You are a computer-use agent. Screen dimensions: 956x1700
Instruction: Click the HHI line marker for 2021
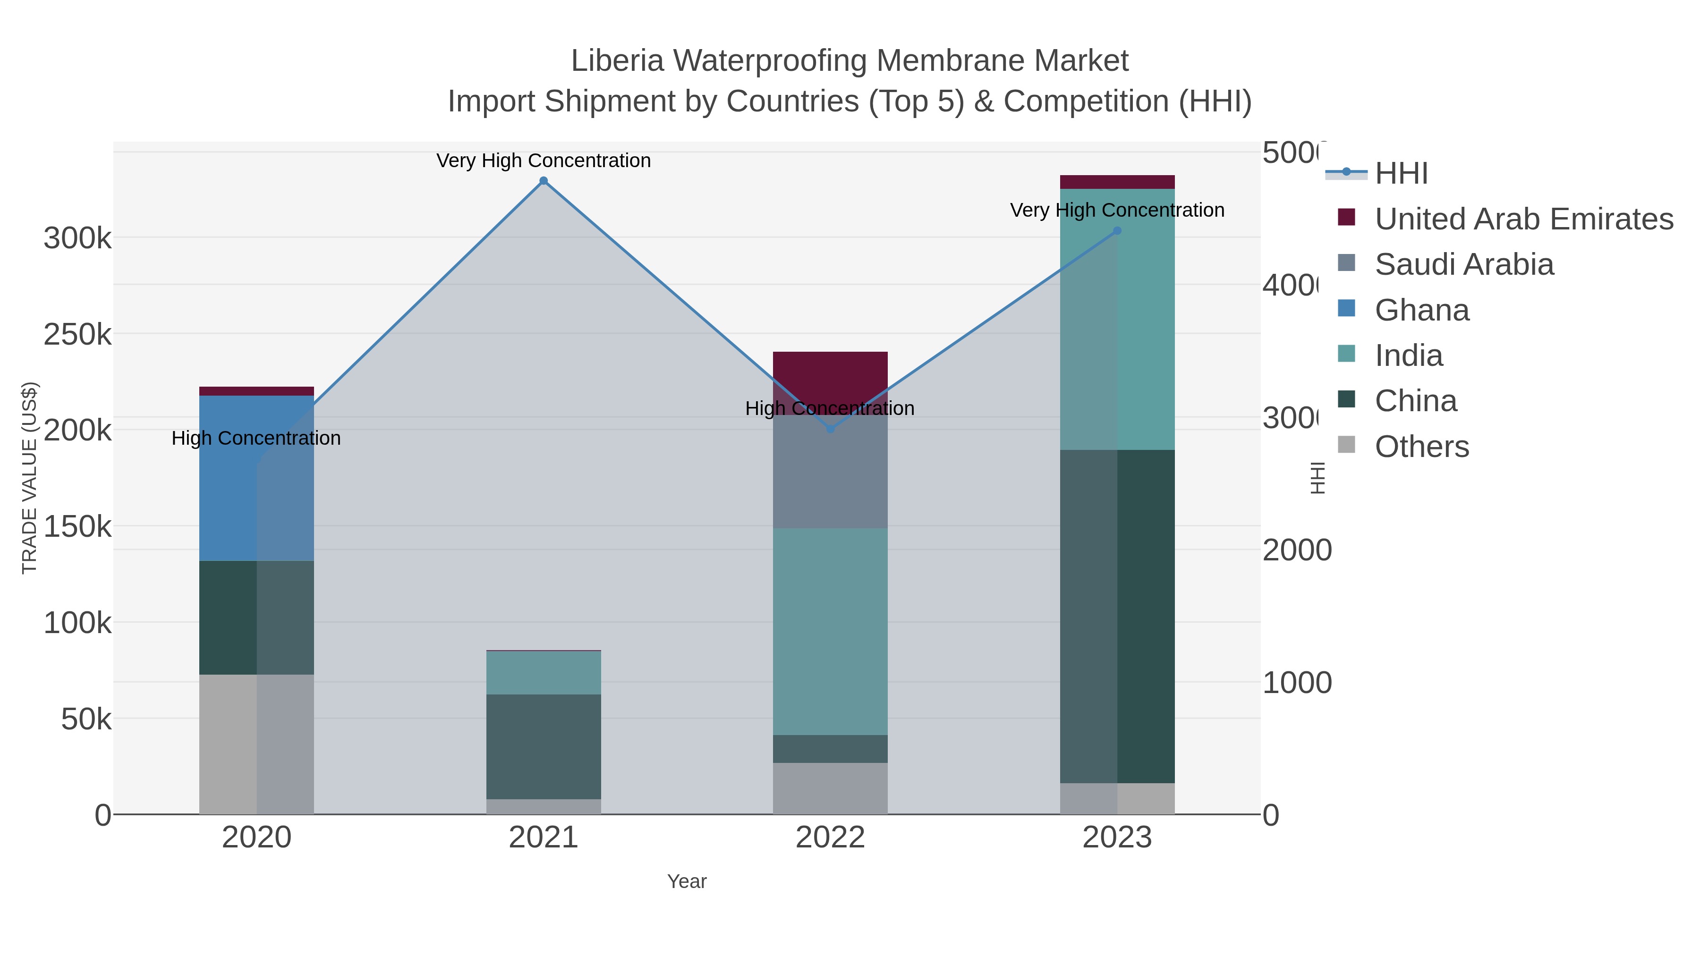click(x=543, y=181)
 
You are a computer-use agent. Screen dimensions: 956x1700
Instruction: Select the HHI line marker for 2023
click(x=1117, y=231)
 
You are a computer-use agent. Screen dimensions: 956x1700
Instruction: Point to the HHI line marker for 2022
click(x=830, y=429)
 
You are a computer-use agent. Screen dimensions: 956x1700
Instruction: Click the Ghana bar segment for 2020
click(x=256, y=478)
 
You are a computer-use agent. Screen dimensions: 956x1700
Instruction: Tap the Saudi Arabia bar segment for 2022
click(x=830, y=471)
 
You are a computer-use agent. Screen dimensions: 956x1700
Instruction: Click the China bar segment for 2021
click(x=543, y=746)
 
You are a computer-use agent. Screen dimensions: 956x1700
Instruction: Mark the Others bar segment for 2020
click(x=256, y=744)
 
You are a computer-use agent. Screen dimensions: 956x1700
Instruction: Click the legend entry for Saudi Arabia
click(x=1464, y=264)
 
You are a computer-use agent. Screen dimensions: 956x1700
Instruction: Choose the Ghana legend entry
click(x=1421, y=310)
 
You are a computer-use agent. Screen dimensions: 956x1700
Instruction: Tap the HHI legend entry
click(x=1401, y=174)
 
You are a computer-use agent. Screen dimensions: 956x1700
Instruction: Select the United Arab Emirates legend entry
click(x=1523, y=219)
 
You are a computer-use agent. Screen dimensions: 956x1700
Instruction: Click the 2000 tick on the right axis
click(x=1297, y=550)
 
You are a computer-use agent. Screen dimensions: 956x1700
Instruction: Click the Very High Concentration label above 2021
click(x=543, y=161)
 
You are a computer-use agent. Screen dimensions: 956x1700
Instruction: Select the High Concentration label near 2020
click(x=256, y=438)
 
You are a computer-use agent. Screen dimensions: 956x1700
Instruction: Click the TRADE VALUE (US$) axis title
click(x=30, y=478)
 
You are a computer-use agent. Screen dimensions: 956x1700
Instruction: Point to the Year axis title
click(x=686, y=881)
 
